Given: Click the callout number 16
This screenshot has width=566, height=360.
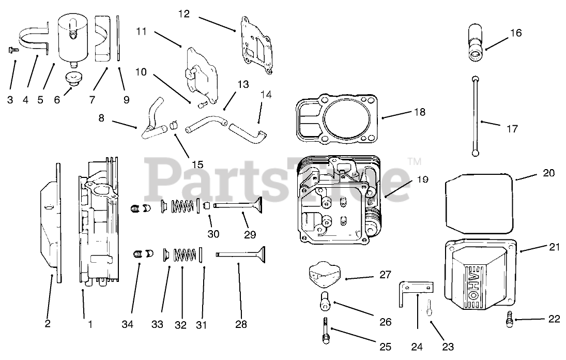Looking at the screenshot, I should (x=515, y=33).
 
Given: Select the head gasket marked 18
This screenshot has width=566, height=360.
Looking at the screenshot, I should (x=339, y=118).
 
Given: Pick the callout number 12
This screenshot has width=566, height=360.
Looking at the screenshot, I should (x=184, y=14).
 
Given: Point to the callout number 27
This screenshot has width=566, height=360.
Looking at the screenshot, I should (x=385, y=275).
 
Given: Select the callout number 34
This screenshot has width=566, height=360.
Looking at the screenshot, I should (x=127, y=324).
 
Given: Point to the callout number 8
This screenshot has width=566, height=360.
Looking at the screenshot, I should (x=101, y=117).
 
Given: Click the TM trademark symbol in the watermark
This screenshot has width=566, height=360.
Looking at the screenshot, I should (x=414, y=162).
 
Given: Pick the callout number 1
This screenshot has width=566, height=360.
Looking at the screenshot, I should (x=90, y=324).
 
